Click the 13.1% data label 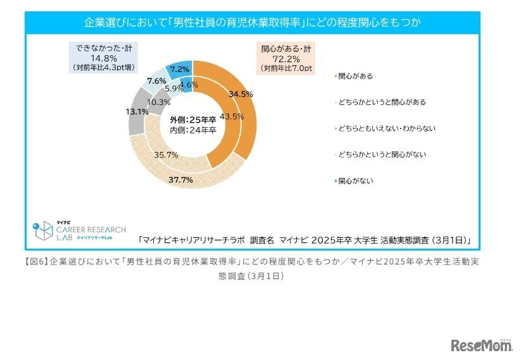137,111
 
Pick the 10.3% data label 158,102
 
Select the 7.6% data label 156,81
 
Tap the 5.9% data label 173,89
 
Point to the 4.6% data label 189,84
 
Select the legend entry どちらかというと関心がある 382,102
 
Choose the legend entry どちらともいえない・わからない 387,128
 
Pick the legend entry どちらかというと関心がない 382,154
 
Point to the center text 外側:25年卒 193,120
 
